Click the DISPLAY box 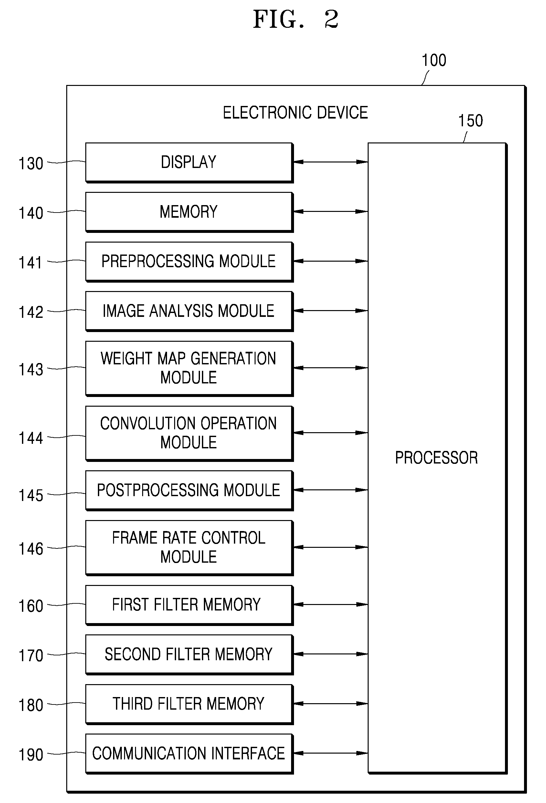point(189,162)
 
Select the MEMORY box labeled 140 point(189,212)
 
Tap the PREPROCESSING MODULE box point(189,262)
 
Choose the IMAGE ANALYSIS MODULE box point(189,311)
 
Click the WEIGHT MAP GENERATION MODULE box point(189,368)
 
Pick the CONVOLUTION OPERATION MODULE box point(189,433)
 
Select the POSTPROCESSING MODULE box point(189,490)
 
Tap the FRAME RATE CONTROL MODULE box point(189,547)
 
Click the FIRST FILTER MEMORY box point(189,605)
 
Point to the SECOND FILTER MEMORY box point(189,654)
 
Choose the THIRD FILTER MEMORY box point(189,704)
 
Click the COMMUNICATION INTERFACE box point(189,754)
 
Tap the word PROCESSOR point(436,458)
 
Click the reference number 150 point(470,121)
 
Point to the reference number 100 point(434,60)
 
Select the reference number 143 point(31,370)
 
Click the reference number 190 point(31,755)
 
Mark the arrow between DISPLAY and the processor point(331,162)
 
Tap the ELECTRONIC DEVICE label point(296,113)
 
